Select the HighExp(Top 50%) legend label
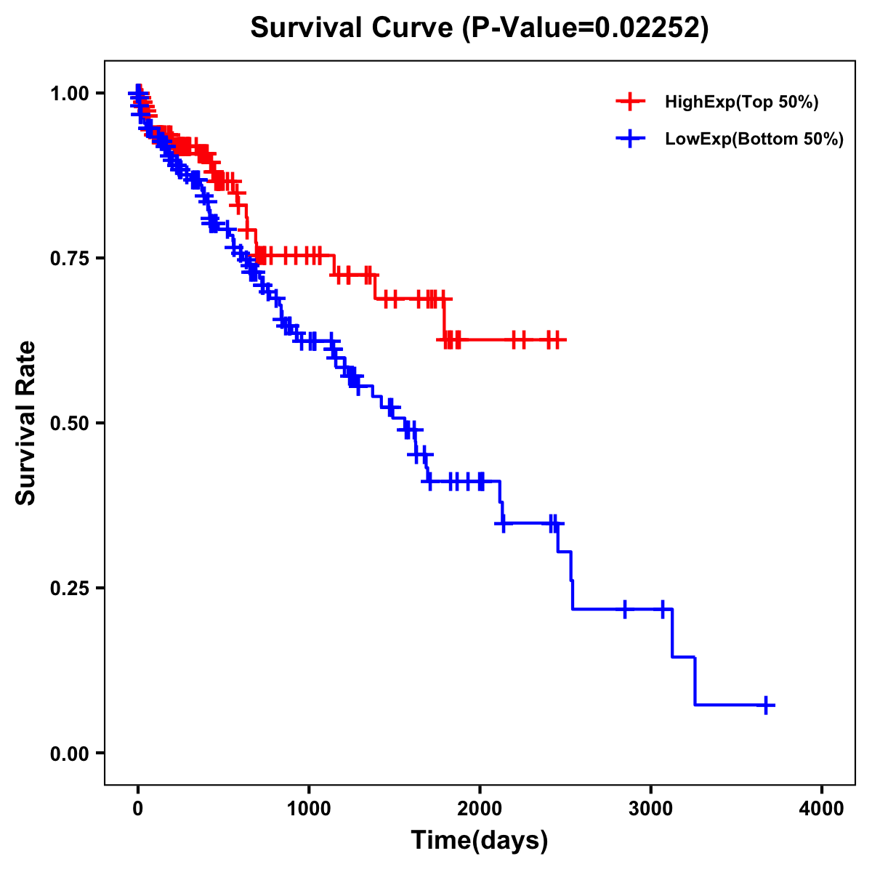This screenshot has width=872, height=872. click(741, 102)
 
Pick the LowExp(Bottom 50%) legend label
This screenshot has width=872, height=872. click(754, 140)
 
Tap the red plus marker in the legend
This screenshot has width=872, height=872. click(630, 102)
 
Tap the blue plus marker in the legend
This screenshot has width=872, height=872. click(630, 139)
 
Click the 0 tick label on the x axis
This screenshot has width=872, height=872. click(138, 808)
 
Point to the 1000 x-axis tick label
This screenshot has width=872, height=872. click(309, 808)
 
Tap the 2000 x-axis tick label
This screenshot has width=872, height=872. click(480, 808)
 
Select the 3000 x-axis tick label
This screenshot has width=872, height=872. click(651, 808)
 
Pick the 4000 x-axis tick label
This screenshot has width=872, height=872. click(822, 808)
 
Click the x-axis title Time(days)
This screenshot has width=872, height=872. click(480, 841)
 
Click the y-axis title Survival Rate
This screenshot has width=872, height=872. click(26, 423)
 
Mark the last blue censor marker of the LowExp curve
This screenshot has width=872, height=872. click(766, 705)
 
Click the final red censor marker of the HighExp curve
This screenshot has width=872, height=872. click(557, 339)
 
